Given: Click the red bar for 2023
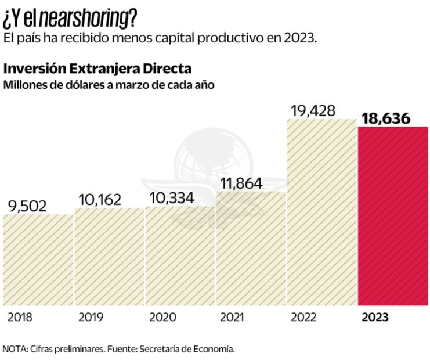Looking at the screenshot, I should tap(393, 215).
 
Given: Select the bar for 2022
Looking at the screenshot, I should tap(322, 212).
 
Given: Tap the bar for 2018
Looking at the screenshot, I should tap(38, 260).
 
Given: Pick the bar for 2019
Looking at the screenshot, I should tap(109, 256).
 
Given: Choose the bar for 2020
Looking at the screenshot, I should tap(180, 255).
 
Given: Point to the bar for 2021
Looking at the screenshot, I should tap(251, 248).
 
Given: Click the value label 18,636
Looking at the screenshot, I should tap(385, 118).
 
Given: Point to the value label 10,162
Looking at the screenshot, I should tap(99, 200).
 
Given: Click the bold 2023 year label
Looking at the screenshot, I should tap(375, 318).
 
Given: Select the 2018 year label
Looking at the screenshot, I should tap(20, 318).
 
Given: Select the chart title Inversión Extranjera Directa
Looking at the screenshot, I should tap(97, 69).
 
